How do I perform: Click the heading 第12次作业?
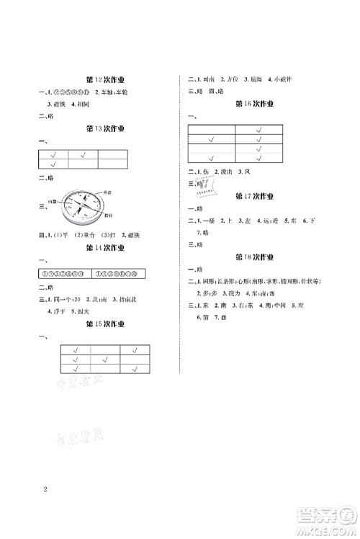(x=104, y=80)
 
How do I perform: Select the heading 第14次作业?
(x=104, y=247)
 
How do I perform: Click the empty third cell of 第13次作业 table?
(x=113, y=154)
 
